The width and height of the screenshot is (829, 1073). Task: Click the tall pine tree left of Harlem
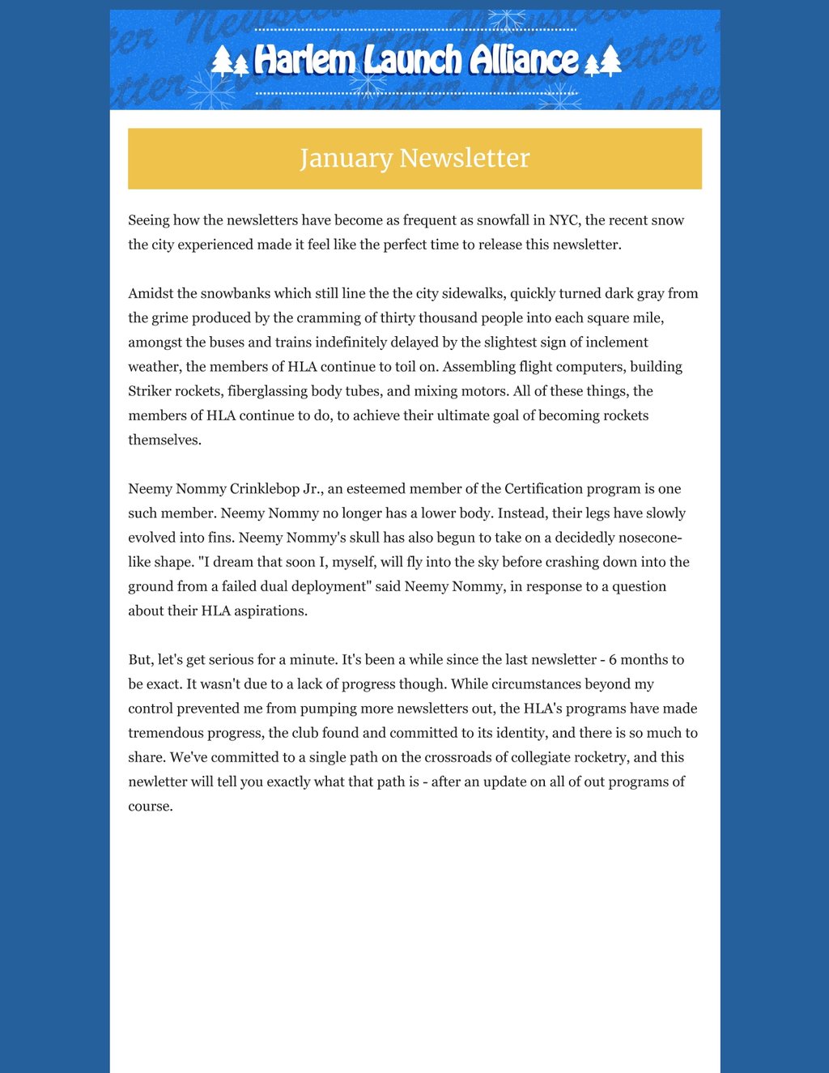coord(222,61)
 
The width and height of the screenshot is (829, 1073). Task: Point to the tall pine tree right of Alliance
coord(610,61)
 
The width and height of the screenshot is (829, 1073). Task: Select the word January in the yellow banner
coord(346,158)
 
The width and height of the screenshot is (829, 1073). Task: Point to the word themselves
coord(164,440)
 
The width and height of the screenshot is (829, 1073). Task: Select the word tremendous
coord(167,733)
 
